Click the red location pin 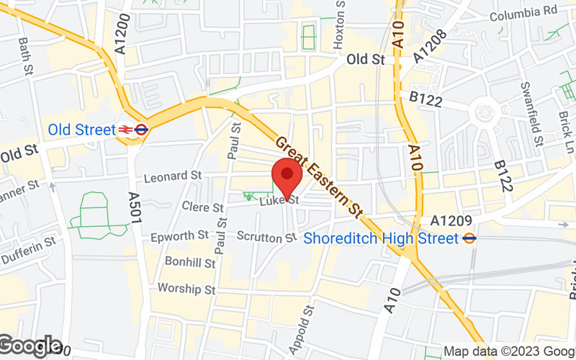(287, 176)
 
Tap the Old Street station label (81, 130)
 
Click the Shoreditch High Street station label (382, 238)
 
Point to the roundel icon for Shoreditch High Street (469, 237)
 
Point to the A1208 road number (431, 44)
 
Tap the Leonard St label (172, 176)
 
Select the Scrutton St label (267, 236)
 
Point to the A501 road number (133, 208)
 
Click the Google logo (30, 346)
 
